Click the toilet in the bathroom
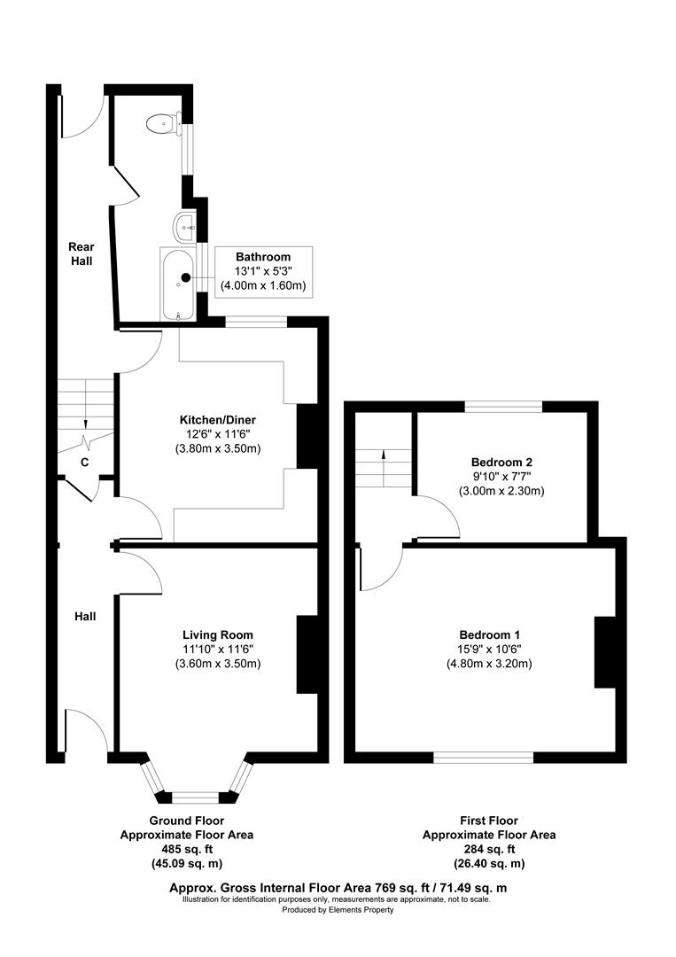[x=161, y=122]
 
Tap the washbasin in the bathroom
[x=186, y=225]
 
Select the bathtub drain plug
[x=185, y=277]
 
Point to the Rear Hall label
[x=82, y=253]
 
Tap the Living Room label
[x=218, y=634]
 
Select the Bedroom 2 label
[x=501, y=463]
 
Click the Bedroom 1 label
[x=489, y=634]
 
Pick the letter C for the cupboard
[x=85, y=462]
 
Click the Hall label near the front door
[x=85, y=616]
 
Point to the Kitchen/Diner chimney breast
[x=307, y=436]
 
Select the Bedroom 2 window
[x=504, y=407]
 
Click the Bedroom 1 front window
[x=483, y=757]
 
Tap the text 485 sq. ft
[x=187, y=849]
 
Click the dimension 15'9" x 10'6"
[x=489, y=649]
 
